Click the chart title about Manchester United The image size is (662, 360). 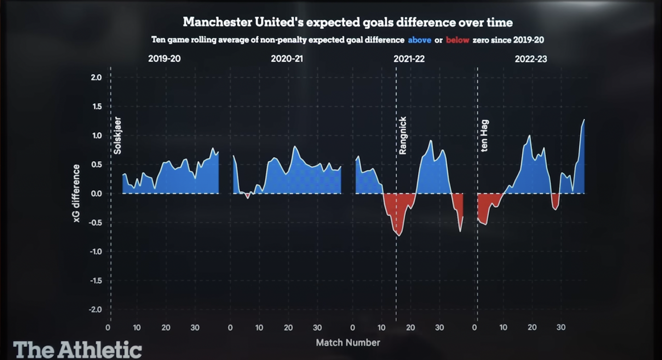click(347, 22)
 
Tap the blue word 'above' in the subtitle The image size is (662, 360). click(419, 40)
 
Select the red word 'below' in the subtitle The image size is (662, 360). click(457, 40)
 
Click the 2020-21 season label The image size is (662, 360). click(287, 59)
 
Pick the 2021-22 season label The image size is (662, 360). click(409, 59)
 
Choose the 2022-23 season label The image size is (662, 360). click(531, 59)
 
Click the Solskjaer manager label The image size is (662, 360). click(117, 135)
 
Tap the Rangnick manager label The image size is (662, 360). click(403, 135)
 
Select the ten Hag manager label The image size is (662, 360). click(484, 136)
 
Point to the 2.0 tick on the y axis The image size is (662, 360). click(96, 77)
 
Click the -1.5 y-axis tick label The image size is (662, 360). click(95, 280)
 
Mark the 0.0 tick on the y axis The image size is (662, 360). click(96, 193)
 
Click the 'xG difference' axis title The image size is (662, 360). click(76, 193)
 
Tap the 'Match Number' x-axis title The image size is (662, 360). click(348, 343)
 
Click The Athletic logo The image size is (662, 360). click(77, 350)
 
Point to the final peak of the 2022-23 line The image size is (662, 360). click(584, 120)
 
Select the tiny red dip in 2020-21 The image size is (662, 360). click(248, 197)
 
